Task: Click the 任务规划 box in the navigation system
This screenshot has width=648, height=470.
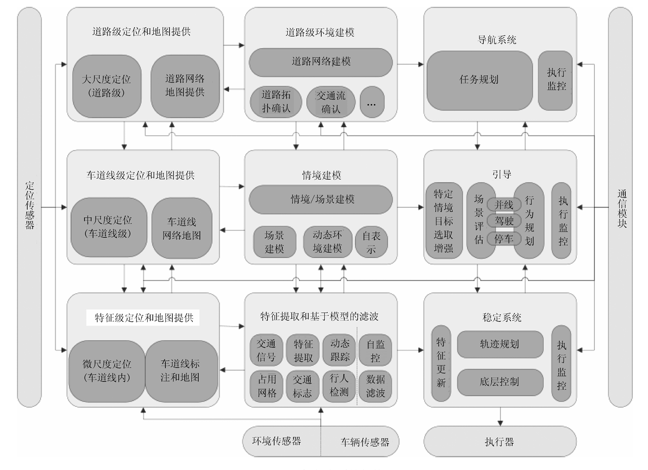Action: [x=479, y=80]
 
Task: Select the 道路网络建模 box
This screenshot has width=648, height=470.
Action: [x=321, y=62]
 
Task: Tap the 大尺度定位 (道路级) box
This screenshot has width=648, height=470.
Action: [x=106, y=86]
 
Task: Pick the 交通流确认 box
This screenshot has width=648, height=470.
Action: [x=331, y=102]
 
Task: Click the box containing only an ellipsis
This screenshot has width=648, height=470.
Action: [x=372, y=103]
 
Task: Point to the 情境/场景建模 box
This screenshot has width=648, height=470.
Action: [x=321, y=199]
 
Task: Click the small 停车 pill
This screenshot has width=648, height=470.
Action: [x=504, y=239]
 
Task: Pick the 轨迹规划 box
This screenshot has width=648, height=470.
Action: [x=500, y=344]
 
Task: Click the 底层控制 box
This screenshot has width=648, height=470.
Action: [x=500, y=381]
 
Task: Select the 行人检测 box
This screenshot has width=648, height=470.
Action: [x=339, y=385]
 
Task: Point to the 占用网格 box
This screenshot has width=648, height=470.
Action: [x=266, y=385]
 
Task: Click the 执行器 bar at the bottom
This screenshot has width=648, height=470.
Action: [x=500, y=442]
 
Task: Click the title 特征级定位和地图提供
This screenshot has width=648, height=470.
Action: [x=144, y=318]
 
